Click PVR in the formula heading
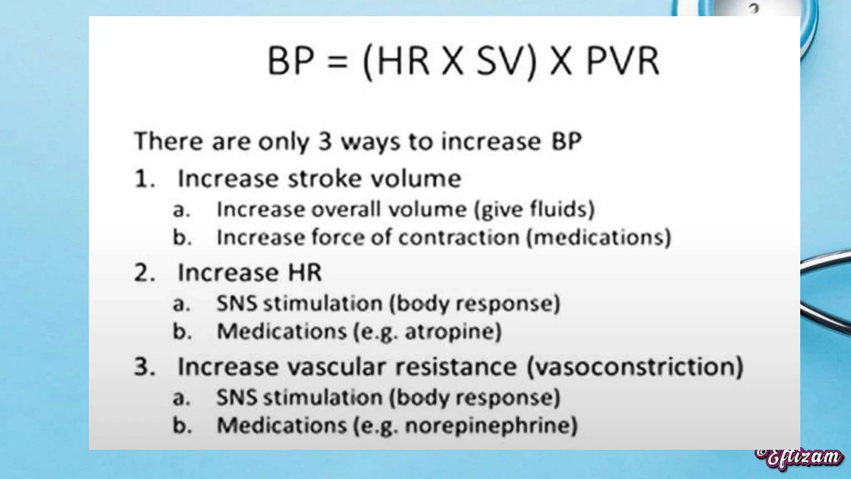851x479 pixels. point(622,62)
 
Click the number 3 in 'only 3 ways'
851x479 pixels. point(325,141)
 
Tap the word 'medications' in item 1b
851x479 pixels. point(598,237)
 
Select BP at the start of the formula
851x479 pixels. point(290,62)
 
